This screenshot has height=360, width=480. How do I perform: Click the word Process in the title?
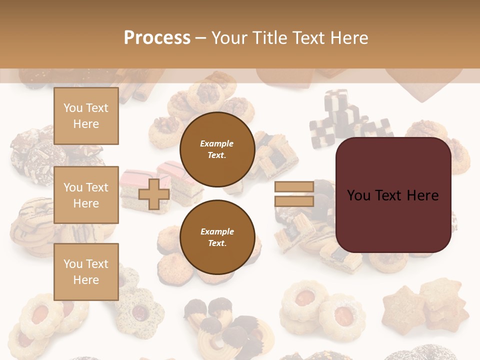[x=157, y=38]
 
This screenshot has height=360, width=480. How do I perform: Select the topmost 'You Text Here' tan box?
[x=86, y=116]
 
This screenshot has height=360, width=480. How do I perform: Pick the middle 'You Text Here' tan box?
[x=86, y=195]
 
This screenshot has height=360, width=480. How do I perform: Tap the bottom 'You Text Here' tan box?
[x=86, y=271]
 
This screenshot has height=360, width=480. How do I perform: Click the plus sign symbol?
[x=153, y=194]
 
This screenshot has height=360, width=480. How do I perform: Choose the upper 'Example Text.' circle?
[x=217, y=149]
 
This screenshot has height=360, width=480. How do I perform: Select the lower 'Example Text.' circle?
[x=217, y=237]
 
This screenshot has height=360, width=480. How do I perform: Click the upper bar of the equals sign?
[x=294, y=187]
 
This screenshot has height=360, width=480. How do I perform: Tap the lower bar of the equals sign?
[x=294, y=201]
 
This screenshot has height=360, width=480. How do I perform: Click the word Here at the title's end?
[x=349, y=38]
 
